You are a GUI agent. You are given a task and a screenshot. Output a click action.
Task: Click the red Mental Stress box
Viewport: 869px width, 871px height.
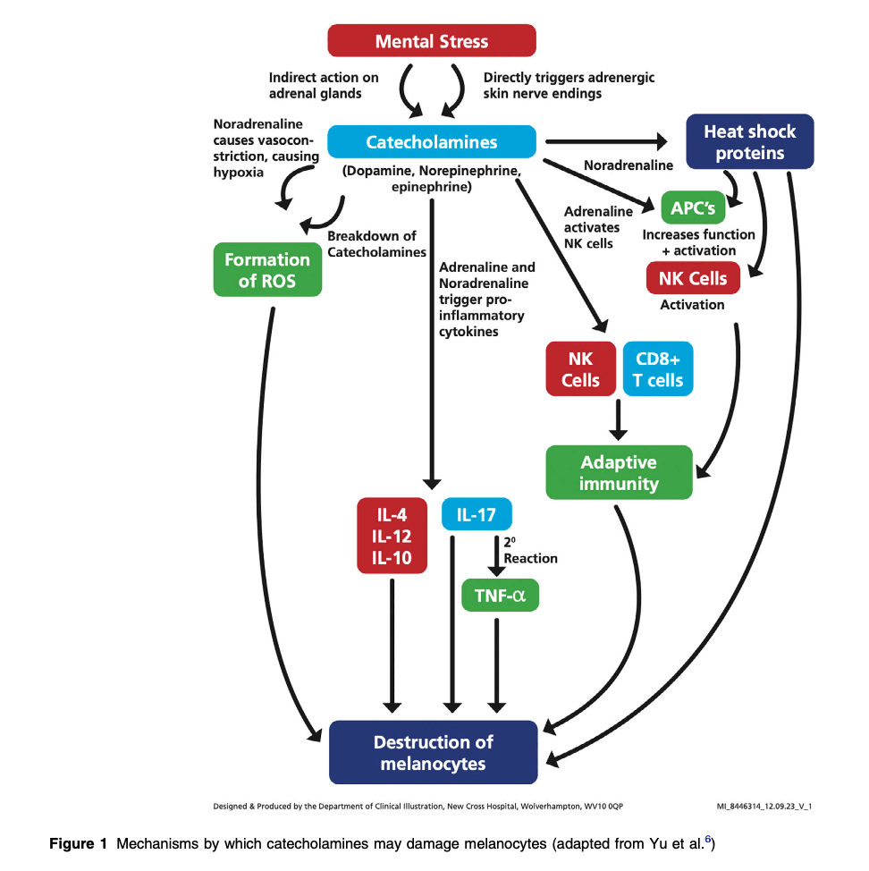click(x=432, y=41)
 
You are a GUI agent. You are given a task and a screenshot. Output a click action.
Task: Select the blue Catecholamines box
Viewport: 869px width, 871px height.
click(x=432, y=142)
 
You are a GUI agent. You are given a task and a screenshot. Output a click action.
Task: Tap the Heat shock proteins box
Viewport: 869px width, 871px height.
click(x=749, y=142)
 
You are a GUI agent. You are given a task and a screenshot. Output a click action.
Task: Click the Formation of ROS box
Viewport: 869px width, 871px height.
click(x=266, y=271)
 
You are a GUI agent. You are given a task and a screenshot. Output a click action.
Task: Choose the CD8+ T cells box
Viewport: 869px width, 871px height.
click(x=658, y=369)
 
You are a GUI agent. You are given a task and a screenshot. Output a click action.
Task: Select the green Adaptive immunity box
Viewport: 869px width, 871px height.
click(x=619, y=473)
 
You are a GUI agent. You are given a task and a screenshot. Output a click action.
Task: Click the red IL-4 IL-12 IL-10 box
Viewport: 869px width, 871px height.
click(x=392, y=536)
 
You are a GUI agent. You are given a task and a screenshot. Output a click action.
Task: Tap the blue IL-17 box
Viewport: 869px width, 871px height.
click(x=477, y=515)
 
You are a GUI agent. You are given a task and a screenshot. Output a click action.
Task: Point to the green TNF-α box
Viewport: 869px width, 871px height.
click(x=500, y=595)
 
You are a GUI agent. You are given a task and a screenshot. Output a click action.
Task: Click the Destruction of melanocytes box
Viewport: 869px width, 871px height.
click(x=434, y=753)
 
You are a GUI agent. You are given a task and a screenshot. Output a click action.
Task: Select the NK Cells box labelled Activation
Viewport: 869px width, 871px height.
click(x=693, y=278)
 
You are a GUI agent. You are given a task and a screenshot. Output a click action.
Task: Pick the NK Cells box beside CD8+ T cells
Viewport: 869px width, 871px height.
click(x=580, y=369)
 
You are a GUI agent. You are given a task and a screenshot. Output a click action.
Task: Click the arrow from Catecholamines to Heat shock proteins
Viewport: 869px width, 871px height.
click(x=607, y=141)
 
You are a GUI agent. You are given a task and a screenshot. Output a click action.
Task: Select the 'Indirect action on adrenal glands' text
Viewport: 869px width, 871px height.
click(x=324, y=85)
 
